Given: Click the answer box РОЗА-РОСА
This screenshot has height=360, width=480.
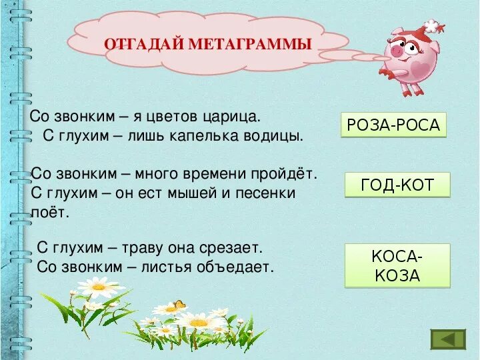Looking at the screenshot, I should [393, 125].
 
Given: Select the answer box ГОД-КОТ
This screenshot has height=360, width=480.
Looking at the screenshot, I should [397, 185].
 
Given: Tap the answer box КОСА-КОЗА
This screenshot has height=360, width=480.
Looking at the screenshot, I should [397, 265].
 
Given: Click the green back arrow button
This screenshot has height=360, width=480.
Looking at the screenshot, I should [448, 339].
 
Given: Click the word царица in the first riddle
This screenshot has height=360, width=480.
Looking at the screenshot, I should [234, 116].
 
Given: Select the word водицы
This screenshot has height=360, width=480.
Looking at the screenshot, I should [275, 136].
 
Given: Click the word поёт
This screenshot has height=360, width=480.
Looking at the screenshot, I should [50, 213].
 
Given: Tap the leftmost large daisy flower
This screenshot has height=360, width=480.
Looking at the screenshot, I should [97, 287].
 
